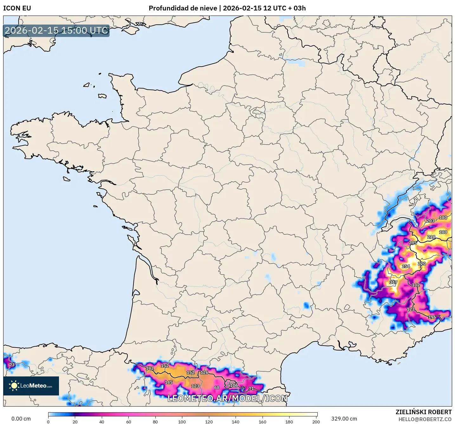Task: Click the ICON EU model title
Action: pos(17,8)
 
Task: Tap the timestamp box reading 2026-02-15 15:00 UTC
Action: pos(56,30)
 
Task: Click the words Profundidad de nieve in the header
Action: pos(183,8)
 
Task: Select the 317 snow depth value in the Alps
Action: pos(393,282)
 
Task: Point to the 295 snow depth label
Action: pos(413,243)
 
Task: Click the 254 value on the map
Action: pos(406,266)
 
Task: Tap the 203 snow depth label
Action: pos(430,221)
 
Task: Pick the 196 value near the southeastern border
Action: pos(432,317)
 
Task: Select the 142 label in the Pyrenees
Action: pos(150,369)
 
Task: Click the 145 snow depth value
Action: pos(169,382)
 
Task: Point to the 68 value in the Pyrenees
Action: pos(217,388)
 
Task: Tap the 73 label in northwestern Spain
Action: pos(12,365)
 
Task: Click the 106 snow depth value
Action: pos(234,386)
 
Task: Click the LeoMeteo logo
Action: pos(31,386)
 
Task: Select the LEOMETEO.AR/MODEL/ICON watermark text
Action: pos(227,399)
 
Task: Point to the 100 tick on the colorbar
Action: pos(182,421)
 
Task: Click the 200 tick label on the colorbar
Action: pos(316,421)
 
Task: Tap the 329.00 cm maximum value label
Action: pos(344,419)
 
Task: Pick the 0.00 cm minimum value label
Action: pos(21,419)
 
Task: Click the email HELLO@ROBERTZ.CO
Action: pos(425,419)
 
